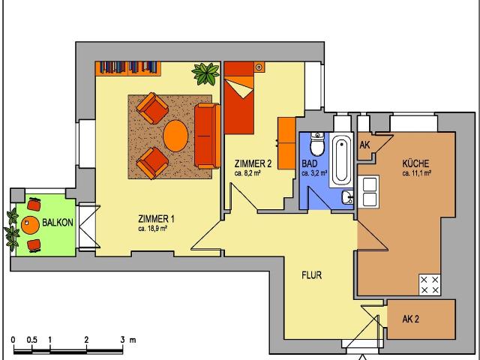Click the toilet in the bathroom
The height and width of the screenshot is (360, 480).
pos(316,144)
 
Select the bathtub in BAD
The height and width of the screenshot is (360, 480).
pos(341,160)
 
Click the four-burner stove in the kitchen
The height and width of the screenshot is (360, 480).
pos(430,285)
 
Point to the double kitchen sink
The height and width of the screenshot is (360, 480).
pos(369,192)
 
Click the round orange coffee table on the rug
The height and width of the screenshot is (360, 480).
pos(175,136)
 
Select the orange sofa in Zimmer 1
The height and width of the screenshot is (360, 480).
pos(207,136)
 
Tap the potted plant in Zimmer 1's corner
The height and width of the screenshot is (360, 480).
pos(206,73)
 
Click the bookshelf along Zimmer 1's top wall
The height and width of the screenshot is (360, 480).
pos(128,68)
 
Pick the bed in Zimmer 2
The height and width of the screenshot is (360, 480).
pos(239,98)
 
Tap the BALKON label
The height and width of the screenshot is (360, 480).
pos(58,223)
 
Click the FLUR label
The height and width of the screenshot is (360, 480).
pos(312,275)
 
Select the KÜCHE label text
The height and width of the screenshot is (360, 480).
pos(415,163)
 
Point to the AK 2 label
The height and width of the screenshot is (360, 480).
pos(410,319)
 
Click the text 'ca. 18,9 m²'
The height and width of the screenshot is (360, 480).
pos(152,229)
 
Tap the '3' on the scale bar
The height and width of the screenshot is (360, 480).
pos(122,340)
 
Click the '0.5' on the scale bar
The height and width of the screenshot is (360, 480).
pos(31,340)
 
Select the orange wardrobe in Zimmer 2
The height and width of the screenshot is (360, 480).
pos(287,143)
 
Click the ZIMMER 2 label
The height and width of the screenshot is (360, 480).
pos(253,163)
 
